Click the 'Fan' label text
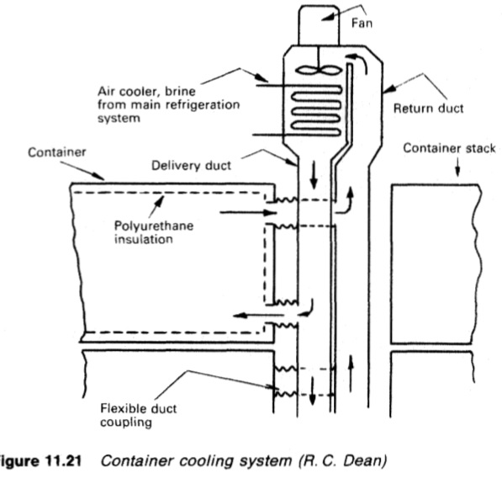pos(362,23)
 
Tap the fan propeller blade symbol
pos(317,70)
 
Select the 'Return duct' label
pos(428,109)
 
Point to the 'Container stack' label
pos(449,148)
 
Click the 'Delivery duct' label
pos(191,165)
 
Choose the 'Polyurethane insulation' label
pos(154,232)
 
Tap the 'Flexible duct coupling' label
pos(138,415)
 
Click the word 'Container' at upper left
pos(56,152)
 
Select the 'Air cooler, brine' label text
pos(146,91)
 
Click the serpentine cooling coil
pos(316,111)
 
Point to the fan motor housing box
pos(319,25)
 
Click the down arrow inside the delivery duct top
pos(314,175)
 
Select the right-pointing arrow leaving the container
pos(248,212)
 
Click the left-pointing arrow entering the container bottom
pos(258,316)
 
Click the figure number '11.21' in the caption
pos(64,460)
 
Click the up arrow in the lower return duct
pos(351,374)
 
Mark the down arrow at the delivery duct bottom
pos(312,390)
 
